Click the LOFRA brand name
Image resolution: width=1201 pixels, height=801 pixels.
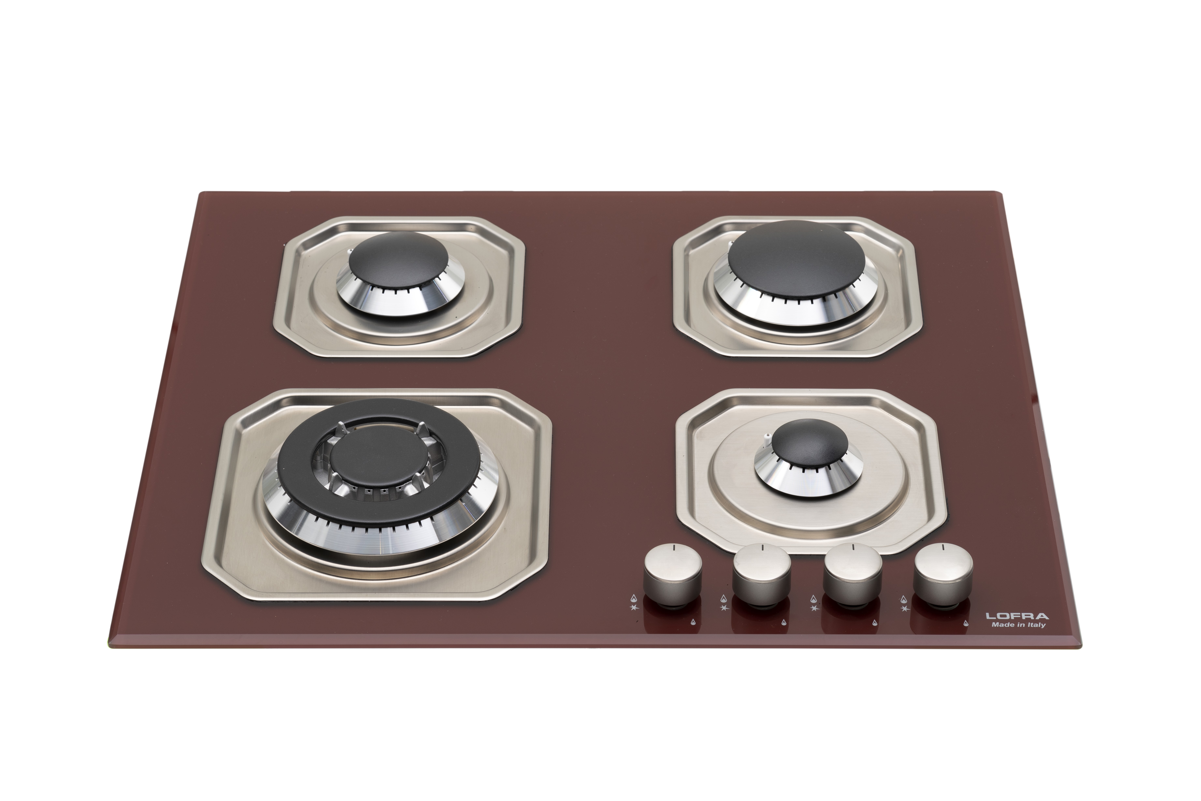1017,616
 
